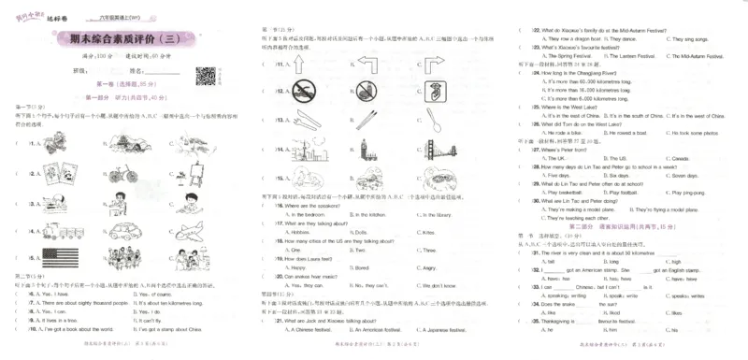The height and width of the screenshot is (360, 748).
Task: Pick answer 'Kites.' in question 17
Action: (x=429, y=232)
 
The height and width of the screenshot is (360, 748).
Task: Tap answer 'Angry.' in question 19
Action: (x=430, y=266)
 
